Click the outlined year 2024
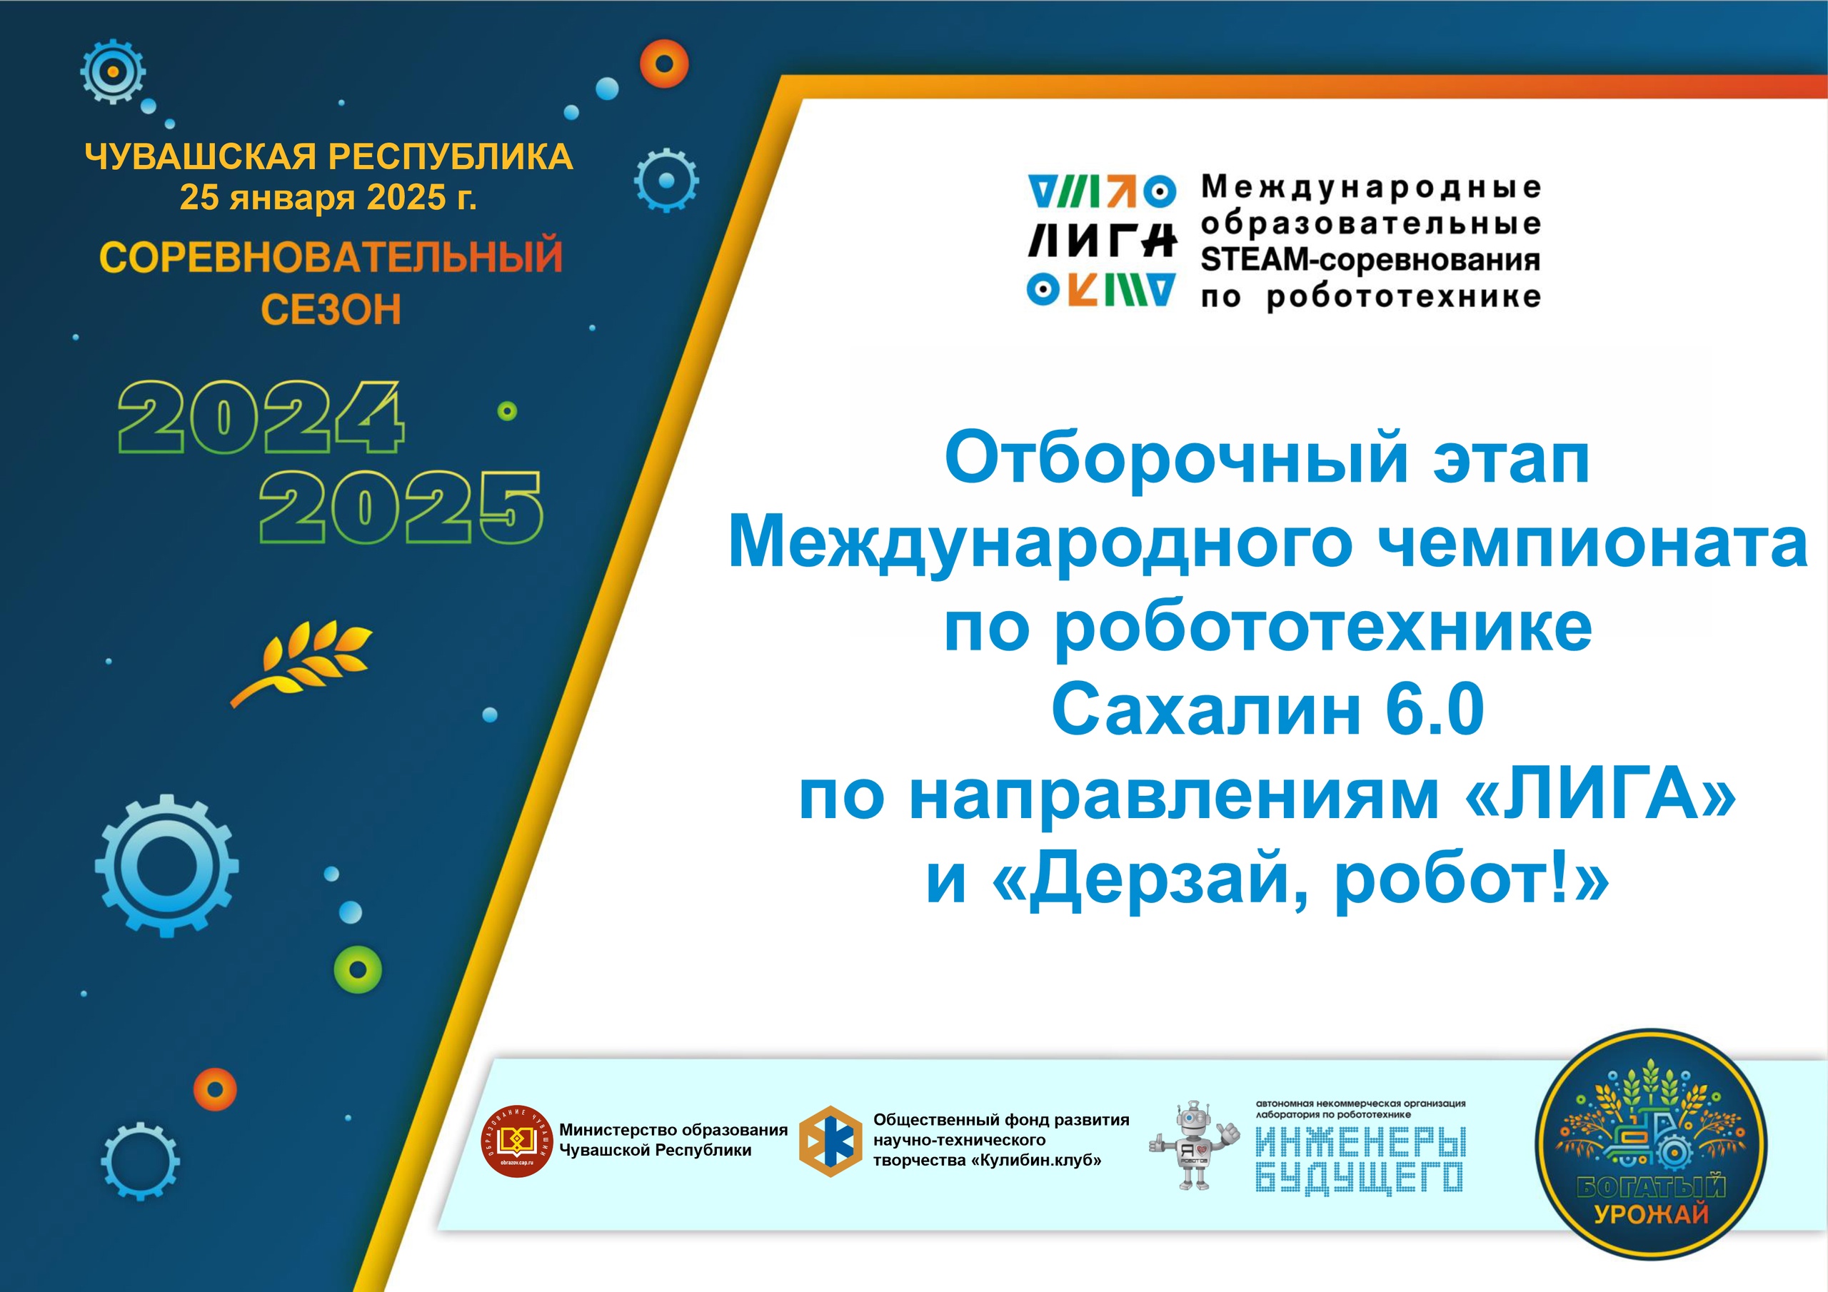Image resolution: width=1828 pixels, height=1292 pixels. pyautogui.click(x=261, y=417)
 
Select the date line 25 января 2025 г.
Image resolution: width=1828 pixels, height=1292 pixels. pyautogui.click(x=328, y=198)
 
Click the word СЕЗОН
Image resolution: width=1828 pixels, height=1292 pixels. pyautogui.click(x=331, y=310)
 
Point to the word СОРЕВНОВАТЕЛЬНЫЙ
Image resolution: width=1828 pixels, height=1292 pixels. pyautogui.click(x=331, y=256)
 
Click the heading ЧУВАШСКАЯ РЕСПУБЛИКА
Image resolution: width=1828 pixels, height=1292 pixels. pyautogui.click(x=328, y=156)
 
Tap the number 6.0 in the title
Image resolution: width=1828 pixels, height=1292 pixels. pyautogui.click(x=1435, y=710)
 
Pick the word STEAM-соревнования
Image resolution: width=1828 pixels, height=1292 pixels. pyautogui.click(x=1370, y=260)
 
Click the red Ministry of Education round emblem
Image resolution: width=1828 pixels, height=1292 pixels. pyautogui.click(x=517, y=1141)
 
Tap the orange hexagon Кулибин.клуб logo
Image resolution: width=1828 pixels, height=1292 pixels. pyautogui.click(x=830, y=1141)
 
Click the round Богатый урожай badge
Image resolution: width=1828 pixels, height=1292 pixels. pyautogui.click(x=1651, y=1144)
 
